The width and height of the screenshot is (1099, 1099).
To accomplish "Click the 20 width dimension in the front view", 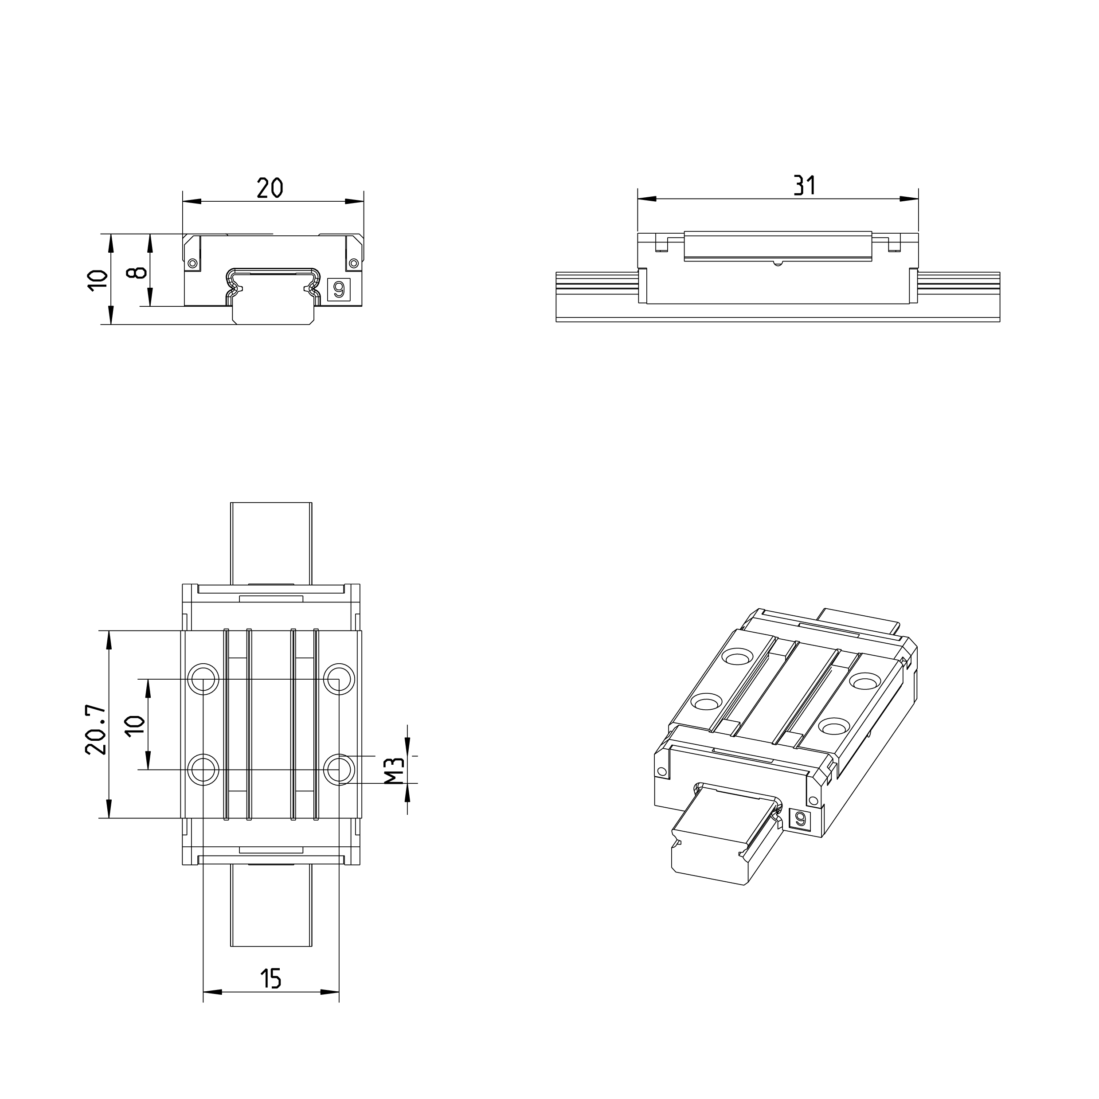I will [270, 188].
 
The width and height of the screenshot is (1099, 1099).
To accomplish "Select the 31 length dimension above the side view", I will [804, 185].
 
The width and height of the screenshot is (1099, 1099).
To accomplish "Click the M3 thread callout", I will [394, 771].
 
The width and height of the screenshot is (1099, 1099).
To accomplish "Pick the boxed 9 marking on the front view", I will [339, 289].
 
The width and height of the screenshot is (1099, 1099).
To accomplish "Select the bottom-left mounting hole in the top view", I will [203, 770].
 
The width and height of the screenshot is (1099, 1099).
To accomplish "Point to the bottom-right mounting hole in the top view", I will [339, 770].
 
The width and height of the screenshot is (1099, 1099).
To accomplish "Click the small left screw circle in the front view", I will [192, 263].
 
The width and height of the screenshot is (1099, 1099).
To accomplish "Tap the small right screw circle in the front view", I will [354, 263].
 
